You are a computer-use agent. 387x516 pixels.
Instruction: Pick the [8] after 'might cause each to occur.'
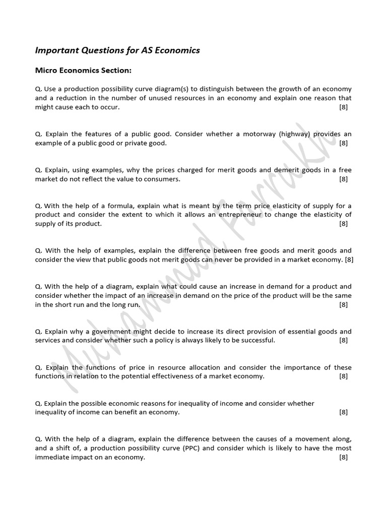pos(343,107)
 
